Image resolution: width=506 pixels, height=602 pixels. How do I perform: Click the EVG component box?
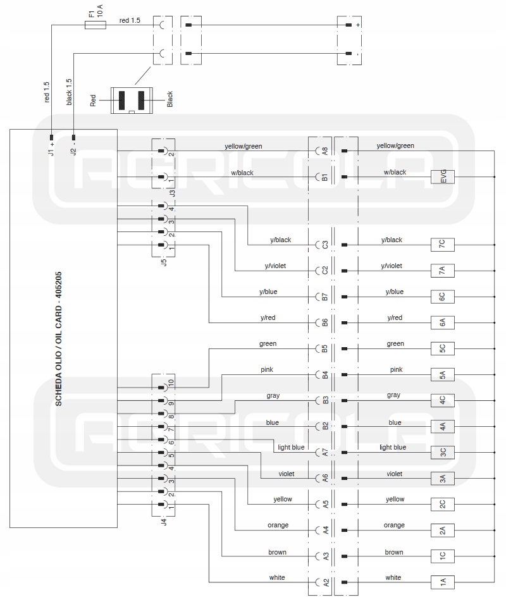443,177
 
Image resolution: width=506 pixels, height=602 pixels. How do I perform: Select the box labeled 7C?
443,244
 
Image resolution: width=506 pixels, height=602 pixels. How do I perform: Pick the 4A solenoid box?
443,426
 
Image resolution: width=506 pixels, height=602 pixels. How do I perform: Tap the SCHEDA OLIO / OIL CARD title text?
59,339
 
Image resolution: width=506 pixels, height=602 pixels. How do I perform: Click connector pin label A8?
324,151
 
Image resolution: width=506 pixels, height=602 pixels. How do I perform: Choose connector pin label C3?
324,244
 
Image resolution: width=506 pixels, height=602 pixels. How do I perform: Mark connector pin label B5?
324,348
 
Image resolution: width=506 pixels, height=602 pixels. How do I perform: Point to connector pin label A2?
324,582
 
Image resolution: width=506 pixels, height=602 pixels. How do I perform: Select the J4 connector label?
164,522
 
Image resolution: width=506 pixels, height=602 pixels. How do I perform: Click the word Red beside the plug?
94,100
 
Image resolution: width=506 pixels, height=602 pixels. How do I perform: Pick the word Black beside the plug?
170,99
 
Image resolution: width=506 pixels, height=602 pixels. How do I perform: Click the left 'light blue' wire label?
291,448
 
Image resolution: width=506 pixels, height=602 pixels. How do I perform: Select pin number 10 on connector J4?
171,383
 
